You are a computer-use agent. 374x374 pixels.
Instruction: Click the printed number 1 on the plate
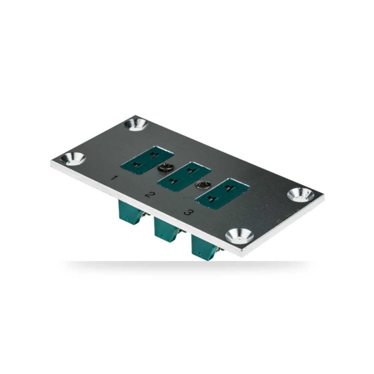tap(115, 178)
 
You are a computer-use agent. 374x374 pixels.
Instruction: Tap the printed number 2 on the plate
tap(150, 195)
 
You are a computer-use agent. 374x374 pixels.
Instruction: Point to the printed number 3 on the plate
tap(188, 212)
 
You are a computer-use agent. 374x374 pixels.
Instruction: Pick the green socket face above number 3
tap(222, 193)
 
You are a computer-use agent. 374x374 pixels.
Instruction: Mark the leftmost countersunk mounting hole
tap(73, 158)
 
